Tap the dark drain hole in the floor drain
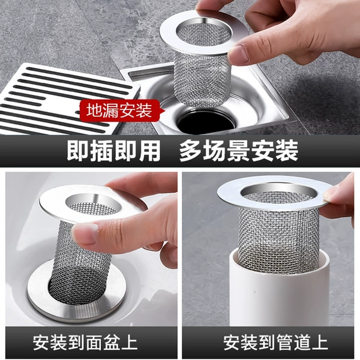point(206,122)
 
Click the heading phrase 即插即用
point(113,151)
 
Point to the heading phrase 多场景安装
point(239,151)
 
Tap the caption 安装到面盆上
point(85,343)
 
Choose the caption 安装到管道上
point(275,343)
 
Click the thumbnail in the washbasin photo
point(85,233)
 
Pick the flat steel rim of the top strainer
point(204,32)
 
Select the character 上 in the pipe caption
point(320,343)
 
